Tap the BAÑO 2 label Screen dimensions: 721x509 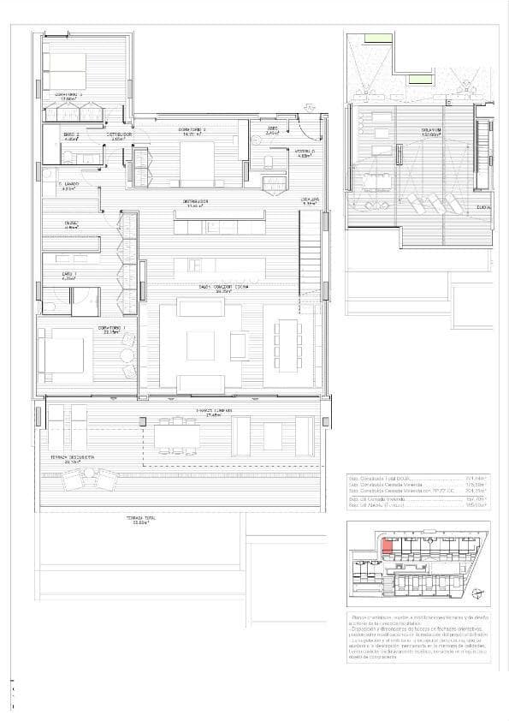[71, 134]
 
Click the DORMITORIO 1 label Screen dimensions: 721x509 [111, 328]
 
